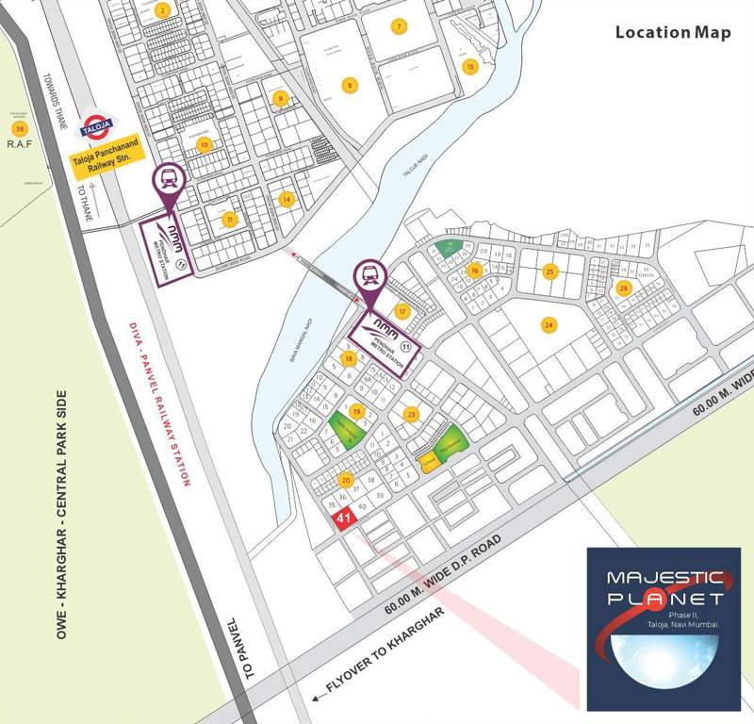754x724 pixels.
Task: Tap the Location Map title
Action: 673,32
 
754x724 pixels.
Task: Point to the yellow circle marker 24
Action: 548,324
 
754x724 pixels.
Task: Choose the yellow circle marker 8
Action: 350,85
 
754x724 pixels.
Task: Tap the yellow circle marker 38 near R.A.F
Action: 18,128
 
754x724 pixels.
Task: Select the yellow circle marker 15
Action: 469,66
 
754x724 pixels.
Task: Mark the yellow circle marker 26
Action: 623,288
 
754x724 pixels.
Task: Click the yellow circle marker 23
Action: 411,413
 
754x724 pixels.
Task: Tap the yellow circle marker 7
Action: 400,25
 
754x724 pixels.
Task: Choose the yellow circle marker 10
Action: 204,144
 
